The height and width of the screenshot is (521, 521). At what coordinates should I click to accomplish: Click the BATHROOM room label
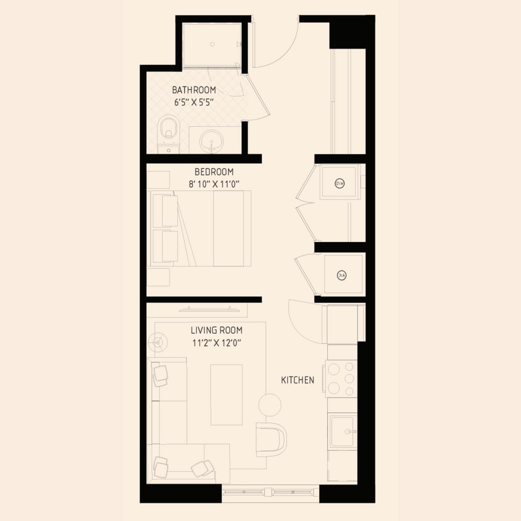194,90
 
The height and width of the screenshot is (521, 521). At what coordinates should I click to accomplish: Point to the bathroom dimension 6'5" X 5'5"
194,102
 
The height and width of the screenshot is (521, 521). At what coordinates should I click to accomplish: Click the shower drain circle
212,44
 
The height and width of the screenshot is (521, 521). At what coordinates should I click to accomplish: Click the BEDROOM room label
214,172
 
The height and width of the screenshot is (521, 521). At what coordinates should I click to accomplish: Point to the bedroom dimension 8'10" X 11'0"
214,183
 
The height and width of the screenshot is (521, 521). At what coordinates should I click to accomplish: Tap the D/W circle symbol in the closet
339,183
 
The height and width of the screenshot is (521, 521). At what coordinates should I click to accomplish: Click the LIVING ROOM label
216,331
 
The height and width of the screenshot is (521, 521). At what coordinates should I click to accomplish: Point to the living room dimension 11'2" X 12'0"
216,343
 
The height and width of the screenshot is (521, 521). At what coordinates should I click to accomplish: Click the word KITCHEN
298,380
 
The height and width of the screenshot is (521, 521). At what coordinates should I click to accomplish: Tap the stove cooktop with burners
341,378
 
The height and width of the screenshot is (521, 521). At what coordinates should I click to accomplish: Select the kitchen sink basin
342,431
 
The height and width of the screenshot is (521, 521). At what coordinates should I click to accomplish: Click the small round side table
269,405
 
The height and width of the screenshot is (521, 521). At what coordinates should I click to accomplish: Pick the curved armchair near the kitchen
272,438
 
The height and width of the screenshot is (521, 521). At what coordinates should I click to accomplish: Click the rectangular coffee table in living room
227,394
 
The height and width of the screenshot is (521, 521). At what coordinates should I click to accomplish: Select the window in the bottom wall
270,493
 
